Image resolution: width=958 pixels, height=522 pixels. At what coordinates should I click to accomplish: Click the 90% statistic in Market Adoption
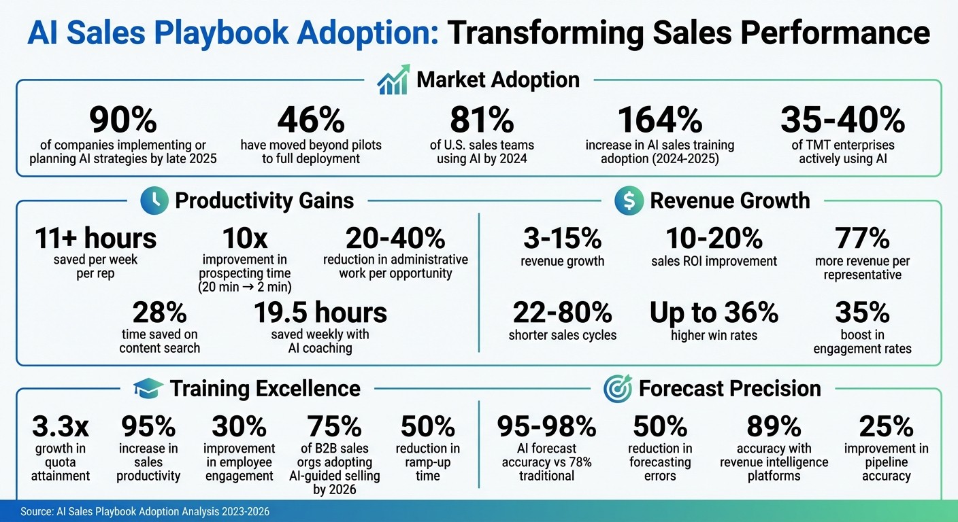[x=123, y=121]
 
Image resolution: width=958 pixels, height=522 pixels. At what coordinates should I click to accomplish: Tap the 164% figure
[x=659, y=121]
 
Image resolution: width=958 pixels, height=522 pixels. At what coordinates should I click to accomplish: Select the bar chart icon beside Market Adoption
[x=393, y=80]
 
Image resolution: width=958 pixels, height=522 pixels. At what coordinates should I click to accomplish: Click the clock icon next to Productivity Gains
[x=154, y=201]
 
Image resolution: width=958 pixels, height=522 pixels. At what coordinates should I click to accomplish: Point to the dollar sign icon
[x=628, y=201]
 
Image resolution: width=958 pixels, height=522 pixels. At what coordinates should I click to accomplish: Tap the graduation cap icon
[x=148, y=389]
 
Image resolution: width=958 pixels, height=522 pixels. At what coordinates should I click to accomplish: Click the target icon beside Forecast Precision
[x=618, y=389]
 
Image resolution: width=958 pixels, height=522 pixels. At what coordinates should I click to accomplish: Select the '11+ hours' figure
[x=95, y=239]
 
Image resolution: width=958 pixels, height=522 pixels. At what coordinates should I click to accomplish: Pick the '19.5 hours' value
[x=320, y=313]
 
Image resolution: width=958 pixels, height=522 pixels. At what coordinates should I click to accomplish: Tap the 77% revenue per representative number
[x=862, y=239]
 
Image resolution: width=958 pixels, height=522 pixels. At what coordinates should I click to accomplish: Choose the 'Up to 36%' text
[x=714, y=313]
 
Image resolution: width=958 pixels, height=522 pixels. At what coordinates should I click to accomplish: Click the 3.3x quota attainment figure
[x=61, y=427]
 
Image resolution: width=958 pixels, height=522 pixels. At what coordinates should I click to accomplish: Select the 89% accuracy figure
[x=774, y=427]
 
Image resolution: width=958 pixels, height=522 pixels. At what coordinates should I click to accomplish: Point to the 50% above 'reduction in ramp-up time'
[x=428, y=427]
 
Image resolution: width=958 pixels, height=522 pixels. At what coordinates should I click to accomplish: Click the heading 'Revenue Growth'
[x=729, y=201]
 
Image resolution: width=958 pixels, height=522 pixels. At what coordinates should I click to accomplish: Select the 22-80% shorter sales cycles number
[x=561, y=313]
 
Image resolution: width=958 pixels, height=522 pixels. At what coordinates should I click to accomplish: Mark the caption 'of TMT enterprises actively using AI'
[x=842, y=152]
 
